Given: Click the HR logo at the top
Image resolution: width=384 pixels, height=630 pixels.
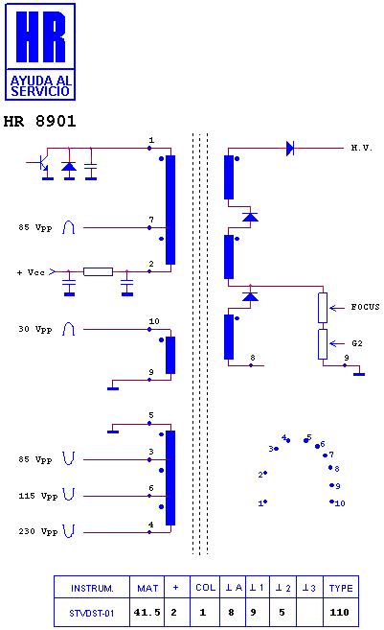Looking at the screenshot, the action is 40,52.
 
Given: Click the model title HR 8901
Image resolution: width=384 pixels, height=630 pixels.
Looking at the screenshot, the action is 39,121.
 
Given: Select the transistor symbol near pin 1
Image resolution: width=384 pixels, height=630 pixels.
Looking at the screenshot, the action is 42,163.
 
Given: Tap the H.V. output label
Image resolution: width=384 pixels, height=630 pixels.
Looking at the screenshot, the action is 362,148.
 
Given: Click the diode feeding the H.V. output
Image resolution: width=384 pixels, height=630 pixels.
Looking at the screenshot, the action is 290,149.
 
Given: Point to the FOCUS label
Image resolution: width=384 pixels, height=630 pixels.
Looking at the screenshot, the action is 365,307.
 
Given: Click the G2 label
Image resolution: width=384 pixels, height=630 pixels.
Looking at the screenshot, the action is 357,343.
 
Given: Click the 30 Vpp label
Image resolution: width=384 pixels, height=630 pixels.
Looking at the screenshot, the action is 35,329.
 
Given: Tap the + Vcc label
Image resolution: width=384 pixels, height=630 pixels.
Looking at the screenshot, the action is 31,272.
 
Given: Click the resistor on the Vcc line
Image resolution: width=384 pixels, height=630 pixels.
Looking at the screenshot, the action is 98,271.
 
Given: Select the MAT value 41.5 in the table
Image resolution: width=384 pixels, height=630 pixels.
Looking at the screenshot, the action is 147,613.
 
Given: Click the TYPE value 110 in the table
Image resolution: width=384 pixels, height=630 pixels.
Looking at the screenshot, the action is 339,613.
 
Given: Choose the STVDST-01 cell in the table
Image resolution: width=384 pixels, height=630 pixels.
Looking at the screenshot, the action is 92,614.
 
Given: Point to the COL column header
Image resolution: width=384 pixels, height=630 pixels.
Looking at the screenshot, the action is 206,588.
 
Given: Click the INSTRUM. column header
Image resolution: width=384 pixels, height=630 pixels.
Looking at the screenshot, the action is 92,589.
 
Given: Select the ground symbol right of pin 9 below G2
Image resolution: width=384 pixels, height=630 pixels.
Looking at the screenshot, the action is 359,374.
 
